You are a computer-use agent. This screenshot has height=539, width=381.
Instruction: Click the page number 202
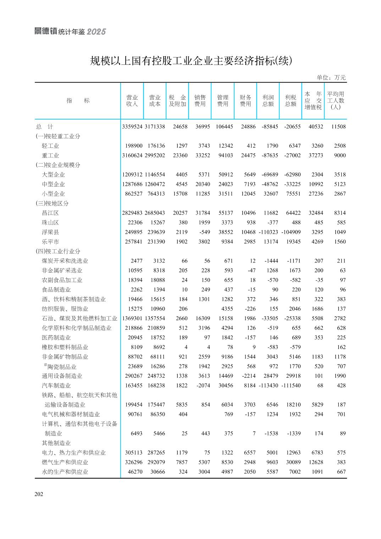(39, 494)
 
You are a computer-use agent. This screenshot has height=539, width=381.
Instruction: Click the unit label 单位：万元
(331, 78)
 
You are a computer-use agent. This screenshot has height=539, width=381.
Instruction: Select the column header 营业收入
(132, 101)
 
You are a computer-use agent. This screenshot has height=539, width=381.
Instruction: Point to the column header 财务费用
(245, 101)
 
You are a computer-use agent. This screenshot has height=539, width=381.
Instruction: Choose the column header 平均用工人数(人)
(335, 100)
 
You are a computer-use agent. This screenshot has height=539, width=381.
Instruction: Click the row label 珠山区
(50, 223)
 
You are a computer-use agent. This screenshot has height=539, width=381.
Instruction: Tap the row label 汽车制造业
(56, 385)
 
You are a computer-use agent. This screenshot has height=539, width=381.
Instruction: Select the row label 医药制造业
(56, 338)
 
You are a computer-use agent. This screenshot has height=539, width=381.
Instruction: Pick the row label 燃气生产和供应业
(65, 462)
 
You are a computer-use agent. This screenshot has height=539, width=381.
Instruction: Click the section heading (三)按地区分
(52, 204)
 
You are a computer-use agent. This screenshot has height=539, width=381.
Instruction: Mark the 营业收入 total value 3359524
(132, 127)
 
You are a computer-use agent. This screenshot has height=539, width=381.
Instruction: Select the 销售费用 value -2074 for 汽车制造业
(203, 385)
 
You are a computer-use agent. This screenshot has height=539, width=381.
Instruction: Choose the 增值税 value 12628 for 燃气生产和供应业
(316, 462)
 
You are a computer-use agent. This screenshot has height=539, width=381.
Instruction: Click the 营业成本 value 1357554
(155, 318)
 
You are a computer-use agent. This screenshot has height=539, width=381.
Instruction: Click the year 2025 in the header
(96, 32)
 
